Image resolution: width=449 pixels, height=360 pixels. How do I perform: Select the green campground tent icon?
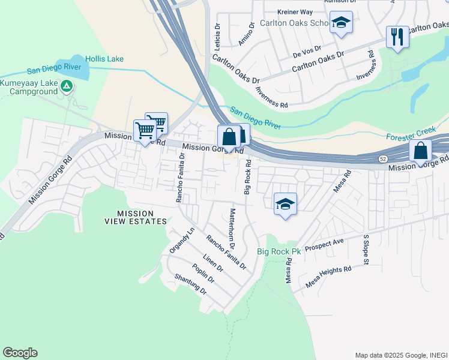(x=67, y=87)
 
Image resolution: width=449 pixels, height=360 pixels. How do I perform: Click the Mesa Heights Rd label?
(x=328, y=277)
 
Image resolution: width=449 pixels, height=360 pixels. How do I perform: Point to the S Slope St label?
(x=364, y=248)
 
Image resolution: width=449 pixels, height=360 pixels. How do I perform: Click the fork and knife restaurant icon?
(x=397, y=37)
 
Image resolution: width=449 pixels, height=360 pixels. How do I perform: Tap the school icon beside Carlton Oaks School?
(x=341, y=23)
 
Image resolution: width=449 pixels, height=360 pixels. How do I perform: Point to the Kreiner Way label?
(x=295, y=11)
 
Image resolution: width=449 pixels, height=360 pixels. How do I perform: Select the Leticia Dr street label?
(x=218, y=36)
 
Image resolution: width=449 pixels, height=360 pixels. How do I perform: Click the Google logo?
(x=20, y=353)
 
